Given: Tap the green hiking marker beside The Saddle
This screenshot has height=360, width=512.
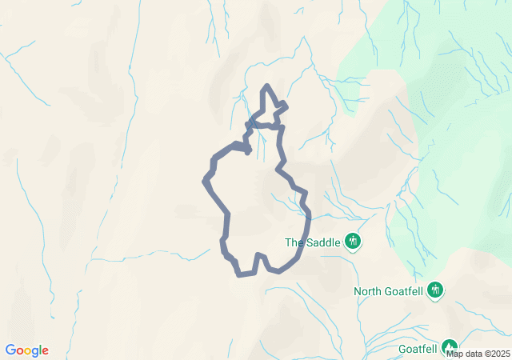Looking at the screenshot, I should (353, 241).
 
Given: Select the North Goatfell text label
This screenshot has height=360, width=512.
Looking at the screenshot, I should (389, 291).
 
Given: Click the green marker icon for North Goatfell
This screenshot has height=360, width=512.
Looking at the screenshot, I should (435, 290).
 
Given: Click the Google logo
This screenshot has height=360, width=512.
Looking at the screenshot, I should (26, 350).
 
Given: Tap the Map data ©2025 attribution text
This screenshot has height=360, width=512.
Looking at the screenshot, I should (477, 353).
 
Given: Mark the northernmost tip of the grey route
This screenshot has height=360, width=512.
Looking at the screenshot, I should (267, 85).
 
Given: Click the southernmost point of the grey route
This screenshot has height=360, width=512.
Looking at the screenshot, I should (240, 275).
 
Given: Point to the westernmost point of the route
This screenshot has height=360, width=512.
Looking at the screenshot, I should (205, 181).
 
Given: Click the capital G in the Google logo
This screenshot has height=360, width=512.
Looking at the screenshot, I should (10, 350).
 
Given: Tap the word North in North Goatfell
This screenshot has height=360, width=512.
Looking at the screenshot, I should (370, 291).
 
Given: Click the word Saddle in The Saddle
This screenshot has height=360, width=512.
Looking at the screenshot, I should (323, 242).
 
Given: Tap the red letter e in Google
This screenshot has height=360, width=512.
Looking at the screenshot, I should (45, 351).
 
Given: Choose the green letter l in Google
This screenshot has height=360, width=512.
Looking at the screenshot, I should (39, 350).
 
